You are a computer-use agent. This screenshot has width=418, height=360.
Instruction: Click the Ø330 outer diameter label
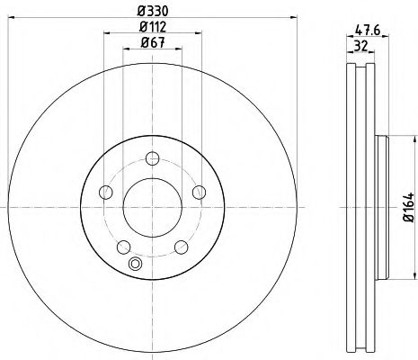point(150,9)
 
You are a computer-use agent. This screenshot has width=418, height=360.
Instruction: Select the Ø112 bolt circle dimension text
point(150,25)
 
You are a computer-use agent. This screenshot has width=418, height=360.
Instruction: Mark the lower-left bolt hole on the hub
point(122,245)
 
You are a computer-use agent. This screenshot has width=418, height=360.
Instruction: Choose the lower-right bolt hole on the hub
point(180,245)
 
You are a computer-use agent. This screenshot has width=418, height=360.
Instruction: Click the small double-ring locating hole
point(136,263)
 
